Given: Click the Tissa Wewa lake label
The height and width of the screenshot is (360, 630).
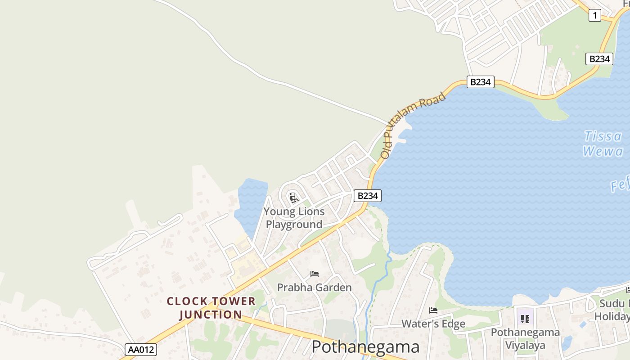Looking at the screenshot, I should point(603,143).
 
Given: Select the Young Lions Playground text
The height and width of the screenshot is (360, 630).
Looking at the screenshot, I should point(294,218).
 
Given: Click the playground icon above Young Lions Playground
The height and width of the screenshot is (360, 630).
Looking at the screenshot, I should point(294,197).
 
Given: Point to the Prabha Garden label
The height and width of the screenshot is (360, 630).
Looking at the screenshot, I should point(314,288).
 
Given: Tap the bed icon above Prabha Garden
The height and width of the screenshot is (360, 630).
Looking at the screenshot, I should point(315,274).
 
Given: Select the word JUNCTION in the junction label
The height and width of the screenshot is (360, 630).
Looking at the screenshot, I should point(211,315).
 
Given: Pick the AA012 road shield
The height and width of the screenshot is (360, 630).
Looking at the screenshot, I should point(141,350).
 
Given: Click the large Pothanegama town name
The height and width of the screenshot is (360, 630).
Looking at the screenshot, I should point(365,347).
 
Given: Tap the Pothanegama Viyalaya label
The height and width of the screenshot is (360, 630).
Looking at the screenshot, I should point(525,339).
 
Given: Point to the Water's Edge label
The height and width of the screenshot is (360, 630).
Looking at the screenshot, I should point(433,324).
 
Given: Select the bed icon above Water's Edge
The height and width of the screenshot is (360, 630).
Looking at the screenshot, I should point(433,310).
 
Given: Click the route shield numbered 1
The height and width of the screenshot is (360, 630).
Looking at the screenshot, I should point(594,16).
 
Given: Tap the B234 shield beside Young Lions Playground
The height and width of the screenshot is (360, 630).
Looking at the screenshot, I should point(368,196).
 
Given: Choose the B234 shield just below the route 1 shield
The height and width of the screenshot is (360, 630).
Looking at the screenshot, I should point(599,59).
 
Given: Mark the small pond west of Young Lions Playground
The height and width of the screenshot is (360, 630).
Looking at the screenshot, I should point(251,200).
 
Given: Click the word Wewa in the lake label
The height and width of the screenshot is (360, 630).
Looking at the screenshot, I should point(603,151).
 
